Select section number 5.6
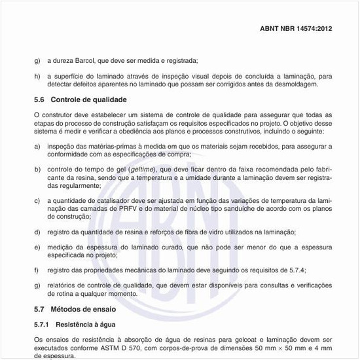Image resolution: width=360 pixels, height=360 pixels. point(39,99)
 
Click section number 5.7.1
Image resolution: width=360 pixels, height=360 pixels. point(42,324)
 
